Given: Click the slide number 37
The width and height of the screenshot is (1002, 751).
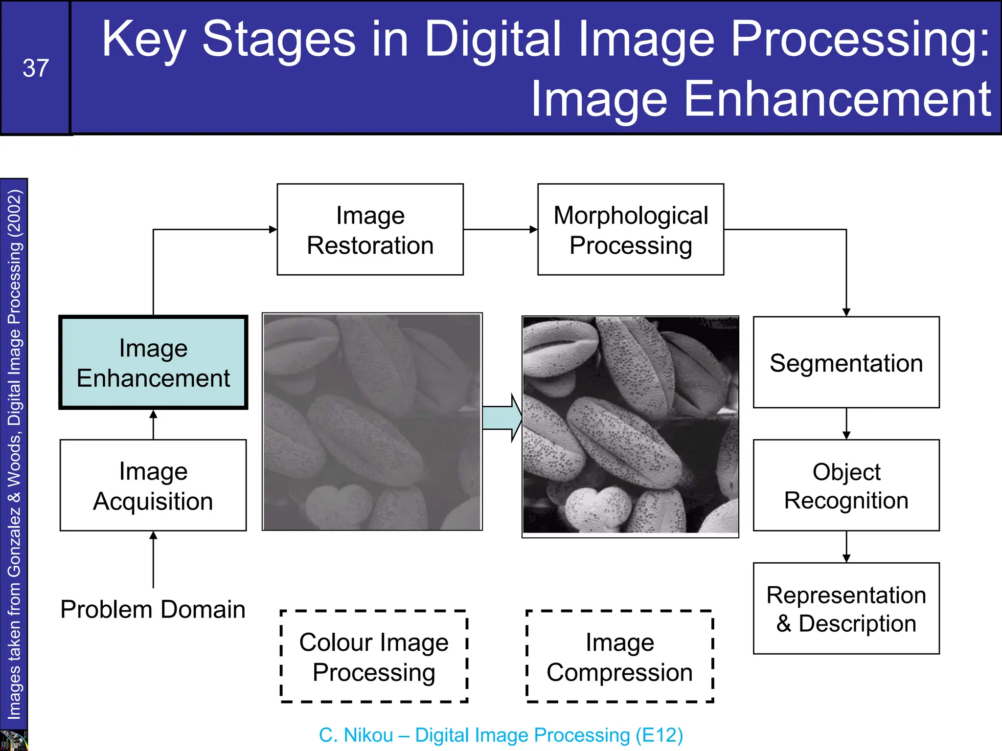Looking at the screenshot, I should click(36, 68).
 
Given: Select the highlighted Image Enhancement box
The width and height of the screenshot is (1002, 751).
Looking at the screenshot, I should click(153, 363).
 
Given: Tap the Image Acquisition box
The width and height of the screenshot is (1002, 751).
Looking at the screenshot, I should click(153, 486).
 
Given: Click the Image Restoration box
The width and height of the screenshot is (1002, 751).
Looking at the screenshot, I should click(370, 230).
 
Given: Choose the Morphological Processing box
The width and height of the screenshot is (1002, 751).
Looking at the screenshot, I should click(631, 230).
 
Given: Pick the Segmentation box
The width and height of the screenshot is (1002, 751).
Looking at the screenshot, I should click(846, 363).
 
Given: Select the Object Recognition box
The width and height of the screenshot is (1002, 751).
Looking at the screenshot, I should click(846, 486).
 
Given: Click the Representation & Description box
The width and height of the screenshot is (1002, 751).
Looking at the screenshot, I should click(846, 609).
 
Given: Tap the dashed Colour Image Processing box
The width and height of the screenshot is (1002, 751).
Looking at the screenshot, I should click(374, 657).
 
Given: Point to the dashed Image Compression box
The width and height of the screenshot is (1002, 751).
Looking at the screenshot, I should click(619, 657).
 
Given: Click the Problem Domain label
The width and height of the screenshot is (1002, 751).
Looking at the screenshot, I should click(153, 610).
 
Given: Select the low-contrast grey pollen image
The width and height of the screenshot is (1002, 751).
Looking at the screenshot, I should click(372, 422).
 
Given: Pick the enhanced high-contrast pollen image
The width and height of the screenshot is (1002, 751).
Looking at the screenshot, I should click(630, 425).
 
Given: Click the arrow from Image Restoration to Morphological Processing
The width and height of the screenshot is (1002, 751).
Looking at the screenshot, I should click(500, 229).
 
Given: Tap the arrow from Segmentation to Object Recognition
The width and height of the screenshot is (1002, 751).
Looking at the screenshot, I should click(846, 424).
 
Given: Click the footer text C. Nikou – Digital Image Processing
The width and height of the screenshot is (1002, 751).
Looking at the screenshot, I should click(501, 735).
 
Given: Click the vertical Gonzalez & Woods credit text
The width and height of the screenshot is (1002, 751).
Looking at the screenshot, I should click(14, 455).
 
